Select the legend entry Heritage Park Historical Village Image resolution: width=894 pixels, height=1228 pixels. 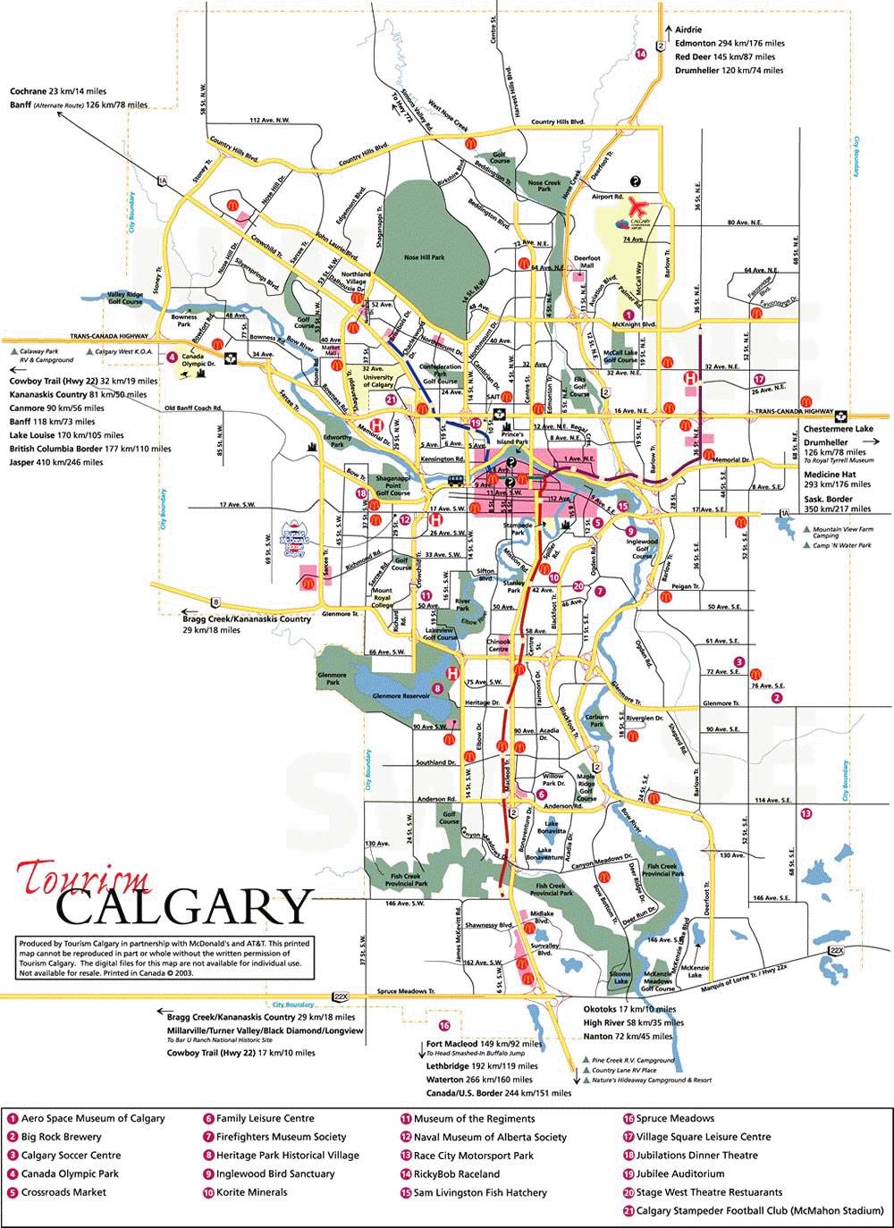(x=287, y=1155)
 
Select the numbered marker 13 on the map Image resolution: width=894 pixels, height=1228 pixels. (x=805, y=813)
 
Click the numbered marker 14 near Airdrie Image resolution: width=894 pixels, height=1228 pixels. (x=640, y=55)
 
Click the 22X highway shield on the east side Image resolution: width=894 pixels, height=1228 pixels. (x=836, y=949)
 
